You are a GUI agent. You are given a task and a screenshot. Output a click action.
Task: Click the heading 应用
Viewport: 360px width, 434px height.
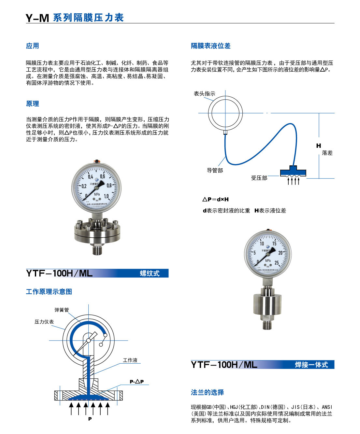click(32, 46)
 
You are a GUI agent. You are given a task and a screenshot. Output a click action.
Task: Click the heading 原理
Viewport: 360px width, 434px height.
click(32, 104)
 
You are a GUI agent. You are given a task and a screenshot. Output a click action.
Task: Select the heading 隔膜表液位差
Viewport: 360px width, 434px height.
click(210, 46)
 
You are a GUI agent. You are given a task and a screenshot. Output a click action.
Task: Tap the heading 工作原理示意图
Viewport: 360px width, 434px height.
click(49, 292)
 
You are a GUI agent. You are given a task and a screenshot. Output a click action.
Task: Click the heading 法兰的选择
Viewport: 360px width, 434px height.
click(207, 392)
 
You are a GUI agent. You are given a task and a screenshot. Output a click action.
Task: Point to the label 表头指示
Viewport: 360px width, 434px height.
click(204, 94)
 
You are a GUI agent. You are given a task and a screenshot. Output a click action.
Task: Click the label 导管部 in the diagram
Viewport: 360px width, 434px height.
click(215, 170)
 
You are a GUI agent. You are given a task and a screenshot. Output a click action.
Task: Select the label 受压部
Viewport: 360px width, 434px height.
click(259, 178)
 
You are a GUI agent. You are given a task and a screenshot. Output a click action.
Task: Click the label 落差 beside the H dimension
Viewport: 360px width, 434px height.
click(327, 153)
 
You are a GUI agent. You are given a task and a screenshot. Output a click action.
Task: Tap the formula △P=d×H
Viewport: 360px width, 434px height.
click(215, 199)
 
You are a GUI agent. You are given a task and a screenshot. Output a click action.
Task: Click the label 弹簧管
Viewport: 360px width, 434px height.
click(62, 310)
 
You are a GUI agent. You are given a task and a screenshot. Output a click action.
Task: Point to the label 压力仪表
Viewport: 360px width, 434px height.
click(44, 322)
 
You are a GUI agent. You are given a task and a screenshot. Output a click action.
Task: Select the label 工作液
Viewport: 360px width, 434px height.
click(130, 360)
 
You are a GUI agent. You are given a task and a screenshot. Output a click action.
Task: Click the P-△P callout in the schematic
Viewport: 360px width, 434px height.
click(137, 382)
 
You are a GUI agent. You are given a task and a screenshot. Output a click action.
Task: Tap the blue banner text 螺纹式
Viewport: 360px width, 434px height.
click(150, 273)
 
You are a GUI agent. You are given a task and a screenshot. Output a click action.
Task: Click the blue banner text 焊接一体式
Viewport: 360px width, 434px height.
click(311, 365)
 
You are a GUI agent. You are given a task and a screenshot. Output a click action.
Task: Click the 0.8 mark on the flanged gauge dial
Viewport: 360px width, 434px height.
click(109, 186)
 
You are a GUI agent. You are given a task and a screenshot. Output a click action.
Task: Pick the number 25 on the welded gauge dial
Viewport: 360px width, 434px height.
click(276, 263)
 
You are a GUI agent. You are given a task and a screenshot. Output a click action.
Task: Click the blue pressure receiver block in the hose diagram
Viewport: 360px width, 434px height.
click(293, 171)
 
